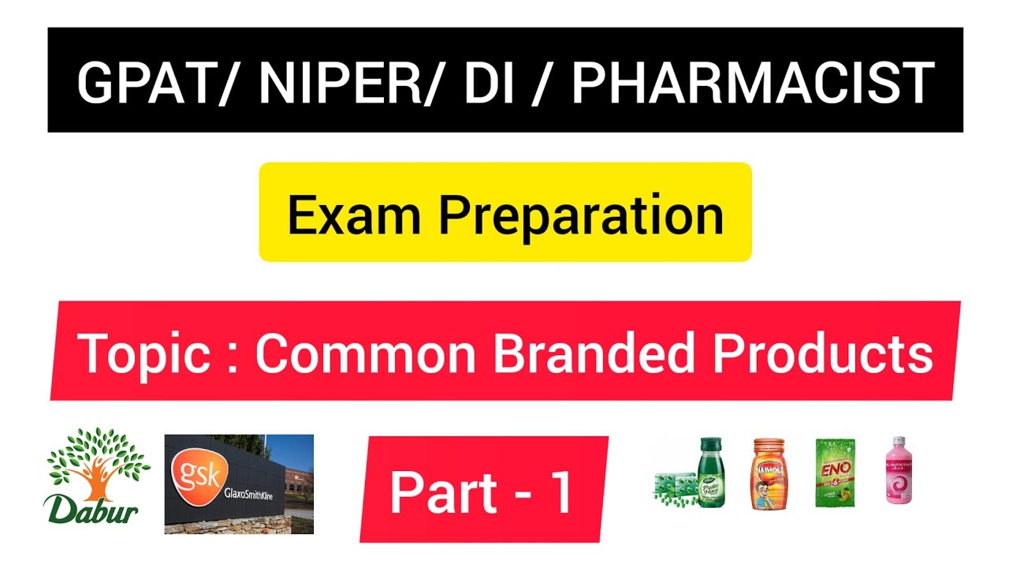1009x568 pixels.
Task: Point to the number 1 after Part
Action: [x=560, y=493]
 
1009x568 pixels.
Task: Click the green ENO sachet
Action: [x=835, y=473]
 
